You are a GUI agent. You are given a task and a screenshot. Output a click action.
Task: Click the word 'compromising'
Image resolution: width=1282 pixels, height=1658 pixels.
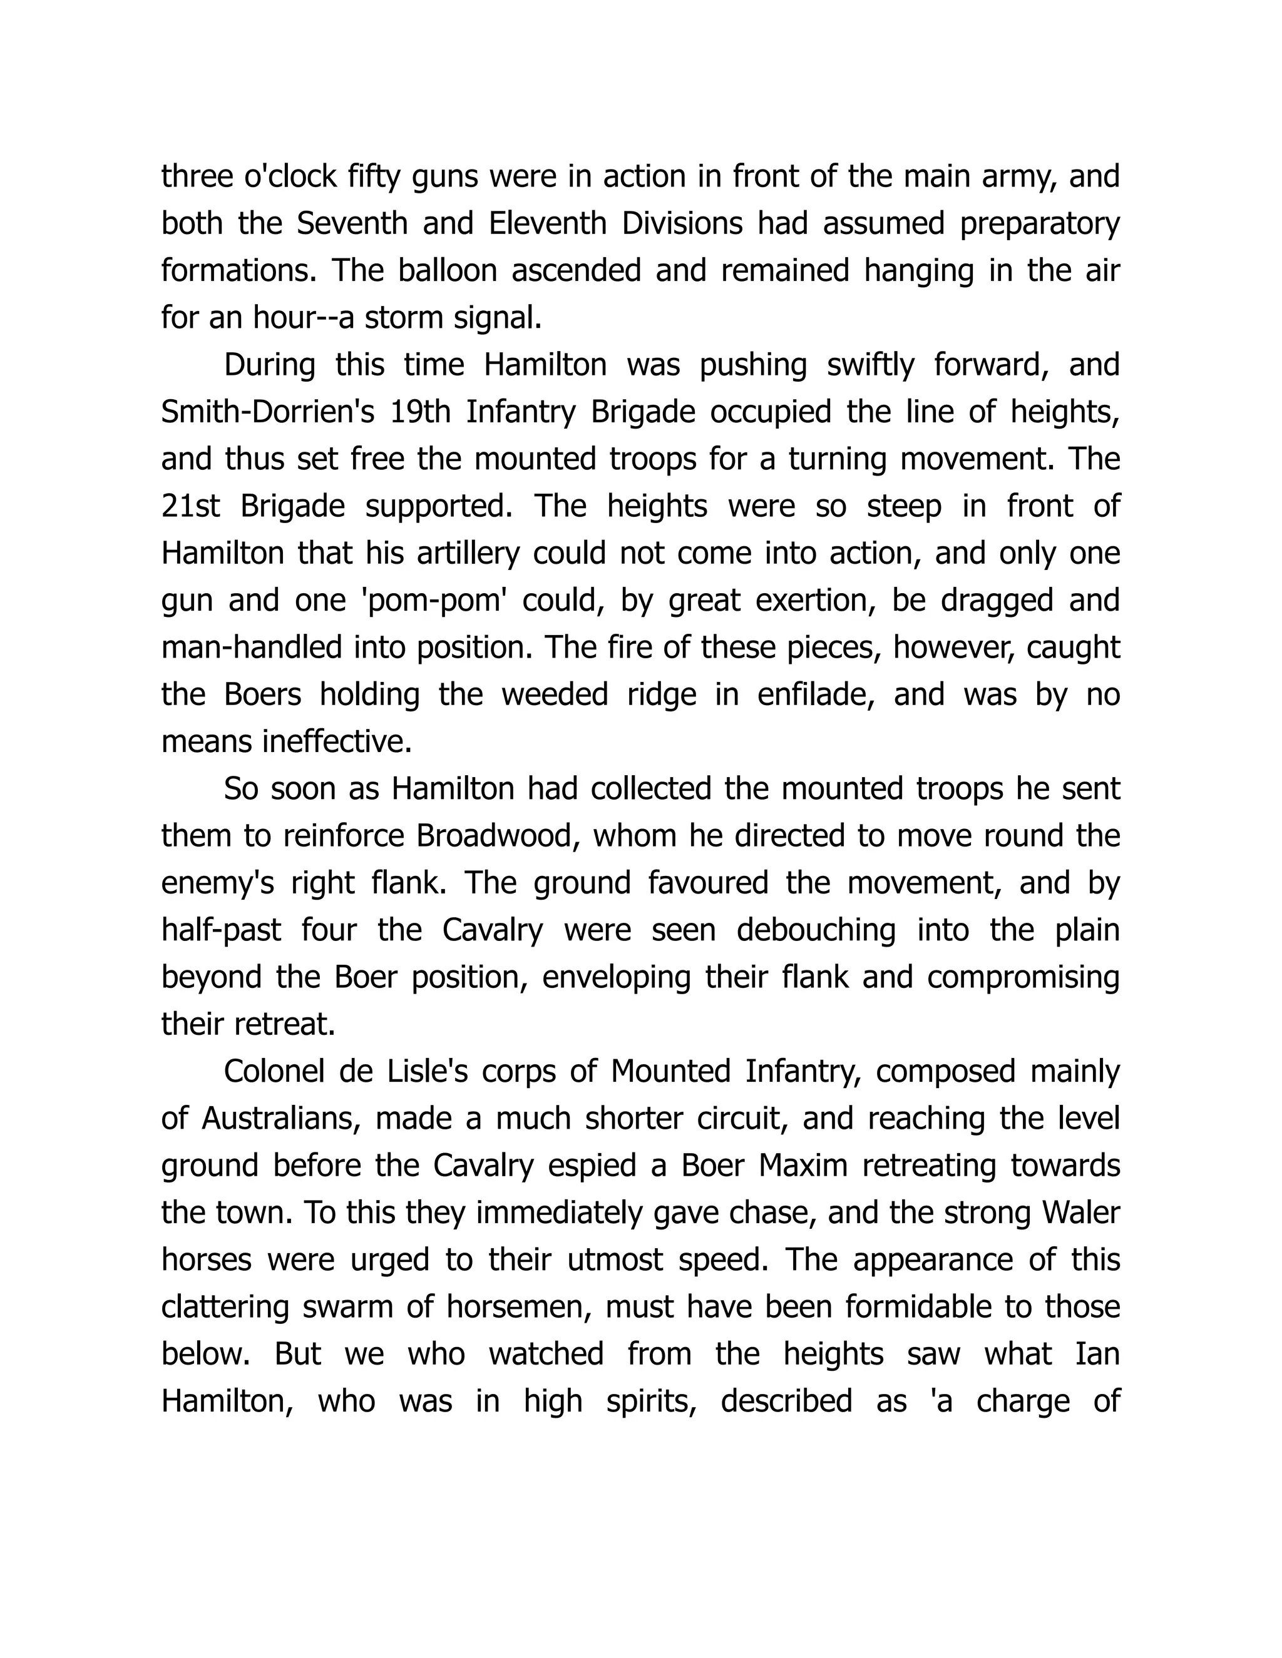point(1023,977)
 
